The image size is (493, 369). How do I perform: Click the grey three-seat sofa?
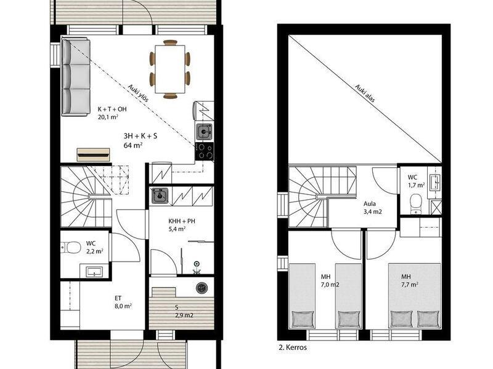[76, 77]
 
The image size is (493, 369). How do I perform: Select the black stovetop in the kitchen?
[205, 151]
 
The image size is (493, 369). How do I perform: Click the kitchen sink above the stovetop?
[204, 132]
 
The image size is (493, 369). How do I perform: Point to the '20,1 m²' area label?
[108, 117]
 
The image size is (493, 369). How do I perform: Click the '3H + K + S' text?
[141, 136]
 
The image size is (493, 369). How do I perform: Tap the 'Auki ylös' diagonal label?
[138, 93]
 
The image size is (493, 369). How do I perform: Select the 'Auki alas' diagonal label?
[365, 93]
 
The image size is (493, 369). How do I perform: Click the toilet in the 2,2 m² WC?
[70, 247]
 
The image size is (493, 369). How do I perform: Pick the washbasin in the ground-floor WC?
[95, 272]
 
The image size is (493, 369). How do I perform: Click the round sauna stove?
[202, 288]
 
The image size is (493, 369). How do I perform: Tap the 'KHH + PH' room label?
[182, 221]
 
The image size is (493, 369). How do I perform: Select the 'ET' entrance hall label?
[118, 298]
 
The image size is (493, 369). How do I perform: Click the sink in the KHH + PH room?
[160, 196]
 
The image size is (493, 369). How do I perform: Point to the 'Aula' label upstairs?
[370, 204]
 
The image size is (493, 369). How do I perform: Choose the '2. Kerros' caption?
[293, 347]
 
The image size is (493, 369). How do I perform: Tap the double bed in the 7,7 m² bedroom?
[414, 296]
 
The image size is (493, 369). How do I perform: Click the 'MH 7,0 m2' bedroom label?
[330, 281]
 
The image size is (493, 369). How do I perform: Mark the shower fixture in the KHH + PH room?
[197, 268]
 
